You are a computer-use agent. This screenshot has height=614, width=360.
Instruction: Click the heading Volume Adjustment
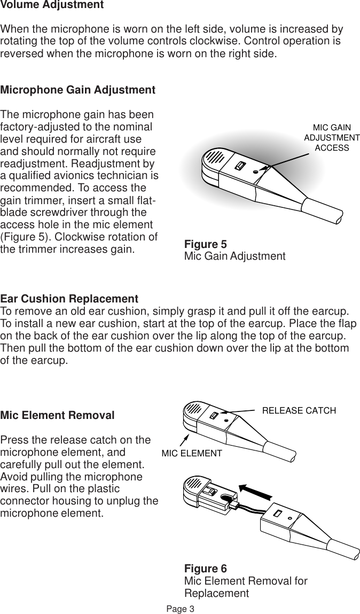click(52, 5)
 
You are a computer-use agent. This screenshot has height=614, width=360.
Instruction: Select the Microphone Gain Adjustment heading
click(77, 90)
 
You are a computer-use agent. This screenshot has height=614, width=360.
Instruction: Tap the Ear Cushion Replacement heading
click(69, 298)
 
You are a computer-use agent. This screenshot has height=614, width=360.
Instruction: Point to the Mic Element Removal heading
click(57, 415)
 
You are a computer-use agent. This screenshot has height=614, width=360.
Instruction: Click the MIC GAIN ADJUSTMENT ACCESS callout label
click(331, 137)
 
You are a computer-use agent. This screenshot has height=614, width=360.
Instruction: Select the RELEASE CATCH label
click(299, 410)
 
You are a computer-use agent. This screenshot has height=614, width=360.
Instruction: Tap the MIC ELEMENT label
click(191, 453)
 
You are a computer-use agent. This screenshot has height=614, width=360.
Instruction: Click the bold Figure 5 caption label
click(205, 245)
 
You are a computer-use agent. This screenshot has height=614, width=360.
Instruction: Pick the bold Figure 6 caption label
click(205, 569)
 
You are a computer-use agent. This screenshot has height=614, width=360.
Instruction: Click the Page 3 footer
click(180, 609)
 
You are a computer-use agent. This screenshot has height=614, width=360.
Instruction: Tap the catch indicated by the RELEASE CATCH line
click(214, 416)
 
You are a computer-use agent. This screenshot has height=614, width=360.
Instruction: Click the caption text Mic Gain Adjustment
click(234, 256)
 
